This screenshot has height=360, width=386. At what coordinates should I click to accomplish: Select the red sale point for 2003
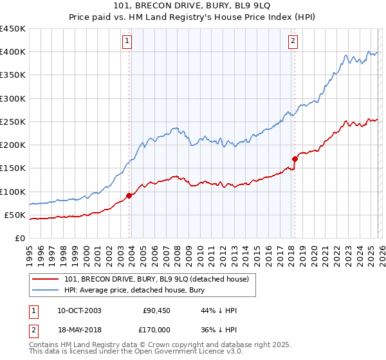point(129,195)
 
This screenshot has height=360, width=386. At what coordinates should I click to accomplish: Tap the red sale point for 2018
point(295,158)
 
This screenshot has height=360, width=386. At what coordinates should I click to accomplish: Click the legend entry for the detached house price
point(160,278)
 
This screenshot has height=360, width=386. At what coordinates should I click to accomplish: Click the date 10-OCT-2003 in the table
point(79,310)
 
